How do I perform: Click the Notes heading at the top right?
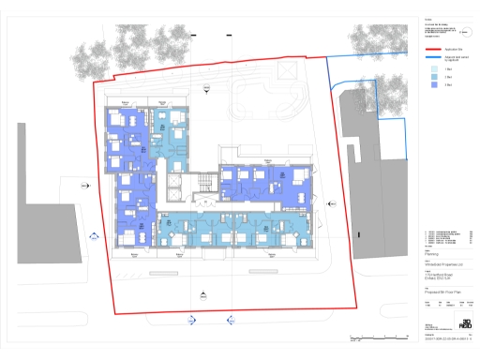(x=427, y=18)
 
